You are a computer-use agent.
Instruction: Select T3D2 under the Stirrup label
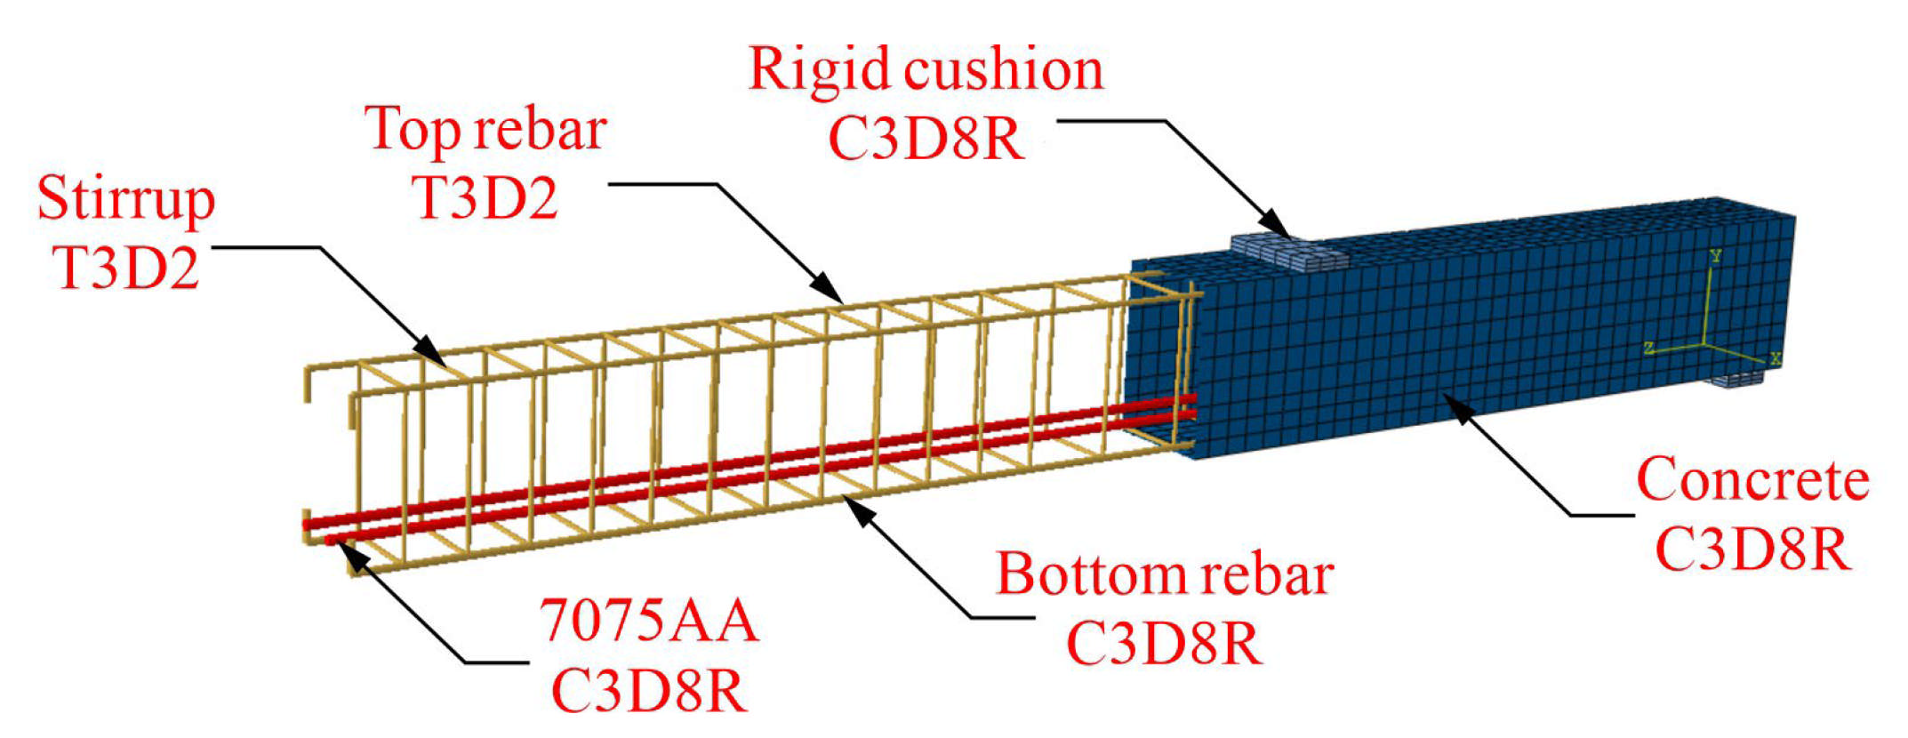point(125,267)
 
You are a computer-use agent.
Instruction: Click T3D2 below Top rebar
point(485,197)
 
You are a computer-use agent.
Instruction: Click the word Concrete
point(1752,480)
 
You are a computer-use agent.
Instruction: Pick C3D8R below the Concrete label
point(1752,549)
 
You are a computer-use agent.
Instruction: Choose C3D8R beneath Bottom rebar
point(1164,643)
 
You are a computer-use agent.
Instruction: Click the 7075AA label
point(649,620)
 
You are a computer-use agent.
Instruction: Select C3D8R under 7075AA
point(649,689)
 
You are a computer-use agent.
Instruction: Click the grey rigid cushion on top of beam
point(1290,252)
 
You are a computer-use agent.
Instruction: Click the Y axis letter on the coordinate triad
point(1715,256)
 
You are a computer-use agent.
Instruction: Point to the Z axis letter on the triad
point(1649,348)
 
